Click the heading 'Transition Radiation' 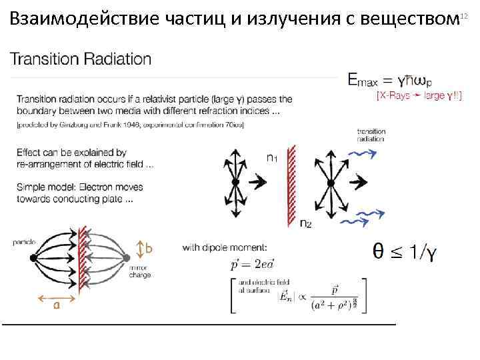tap(81, 59)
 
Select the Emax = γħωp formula tap(391, 80)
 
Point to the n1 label tap(273, 157)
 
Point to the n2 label tap(305, 223)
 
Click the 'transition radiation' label tap(371, 135)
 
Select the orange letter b tap(149, 249)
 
